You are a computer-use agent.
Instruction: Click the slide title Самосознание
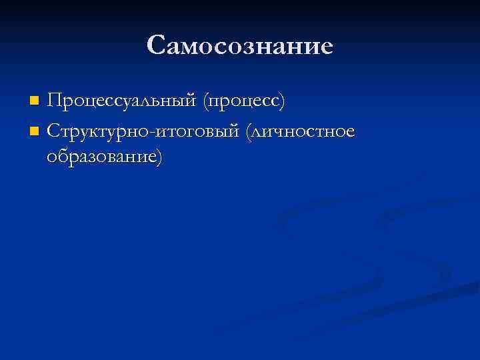pos(239,45)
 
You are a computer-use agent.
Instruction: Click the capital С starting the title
pos(157,45)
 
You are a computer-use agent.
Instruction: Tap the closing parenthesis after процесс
pos(283,101)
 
